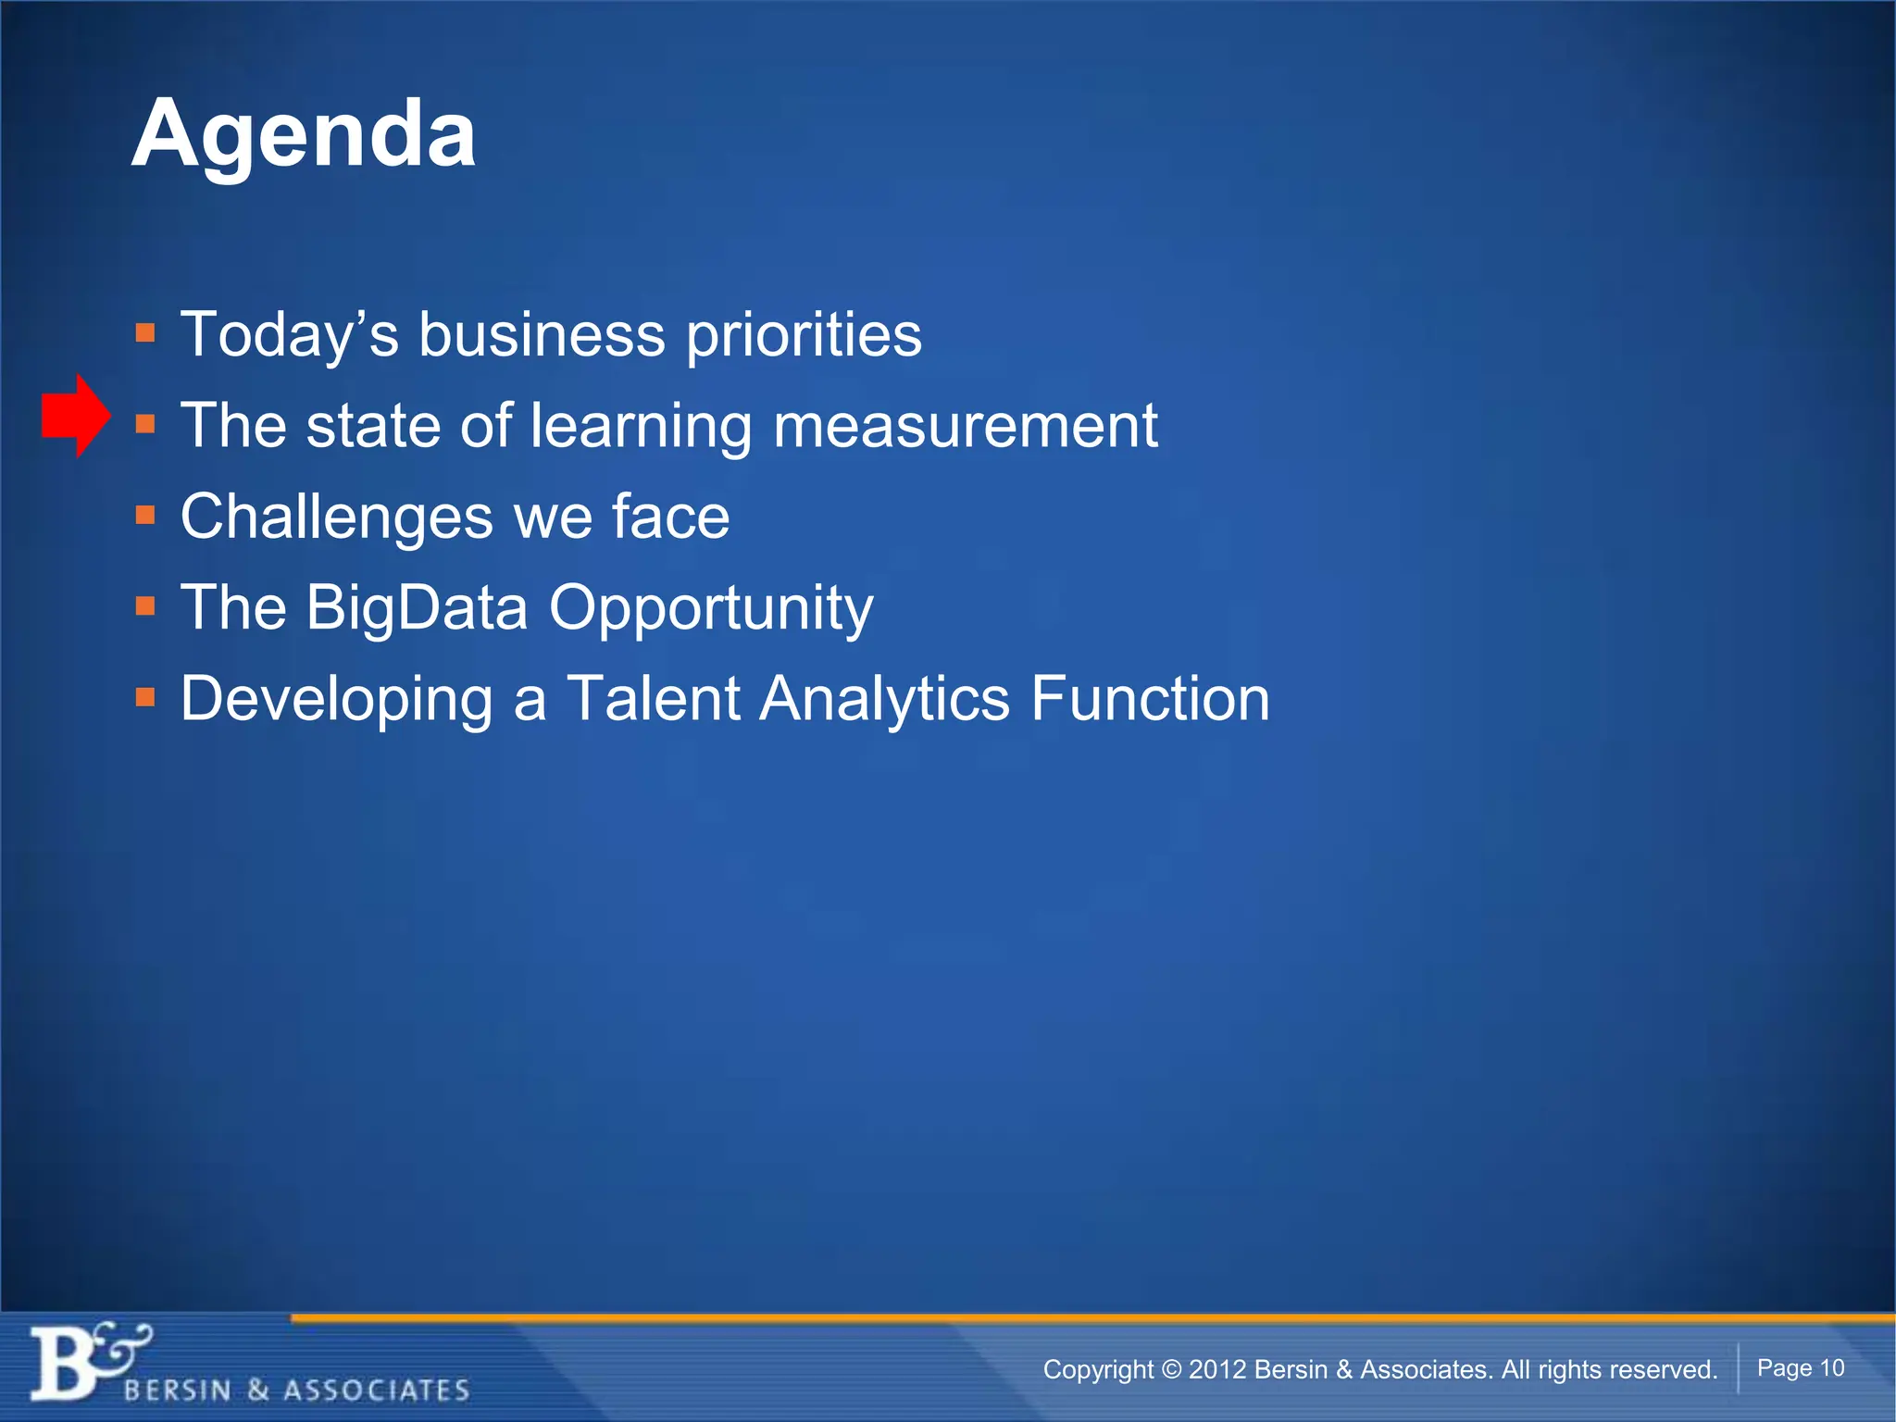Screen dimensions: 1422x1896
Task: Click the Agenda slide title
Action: [x=304, y=135]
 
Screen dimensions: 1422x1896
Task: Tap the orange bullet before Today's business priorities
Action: [x=145, y=332]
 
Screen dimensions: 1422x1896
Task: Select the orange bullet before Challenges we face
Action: [x=145, y=515]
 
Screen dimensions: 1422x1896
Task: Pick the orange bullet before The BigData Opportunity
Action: [x=145, y=606]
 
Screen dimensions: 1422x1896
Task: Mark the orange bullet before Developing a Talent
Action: [x=145, y=697]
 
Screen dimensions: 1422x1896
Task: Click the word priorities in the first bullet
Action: [x=804, y=335]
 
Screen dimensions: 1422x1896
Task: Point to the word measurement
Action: [x=965, y=426]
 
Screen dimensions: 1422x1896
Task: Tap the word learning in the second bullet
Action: [x=641, y=428]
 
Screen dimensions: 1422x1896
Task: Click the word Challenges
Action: [x=336, y=517]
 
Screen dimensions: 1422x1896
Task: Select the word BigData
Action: [x=417, y=608]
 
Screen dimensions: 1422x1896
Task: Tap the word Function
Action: [x=1150, y=699]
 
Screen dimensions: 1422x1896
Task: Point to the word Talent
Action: [x=653, y=699]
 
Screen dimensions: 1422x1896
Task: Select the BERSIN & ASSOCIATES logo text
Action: [x=296, y=1390]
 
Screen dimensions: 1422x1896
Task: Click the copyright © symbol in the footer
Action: [x=1171, y=1369]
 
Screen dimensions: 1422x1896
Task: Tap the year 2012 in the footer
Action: [x=1216, y=1369]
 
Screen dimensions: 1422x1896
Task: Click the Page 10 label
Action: [x=1800, y=1367]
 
